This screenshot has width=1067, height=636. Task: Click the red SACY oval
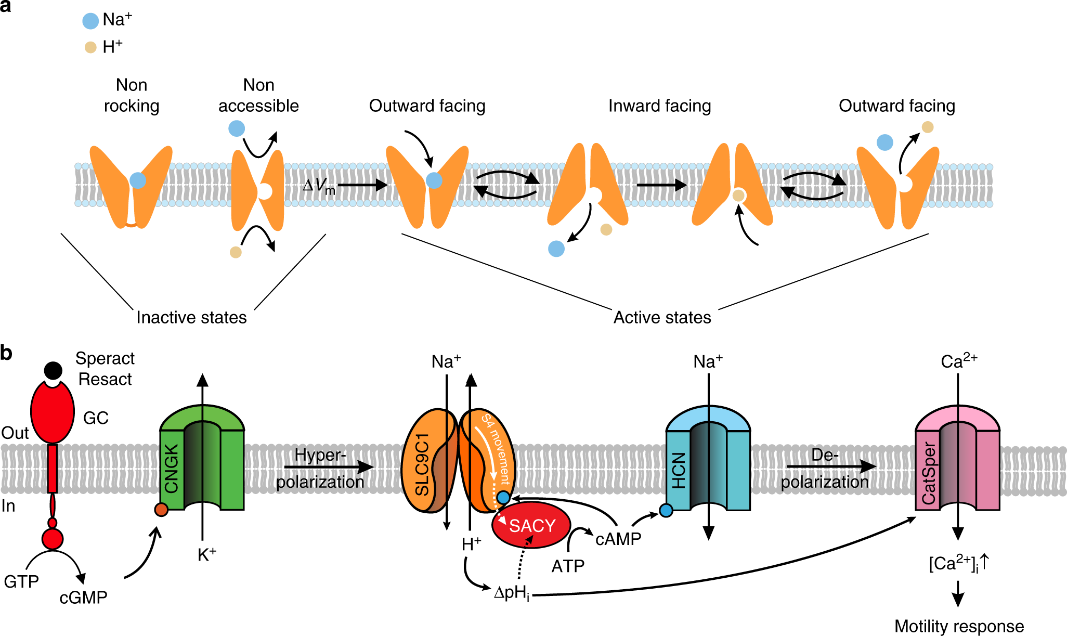(x=531, y=525)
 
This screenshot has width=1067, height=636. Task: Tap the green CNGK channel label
(x=171, y=469)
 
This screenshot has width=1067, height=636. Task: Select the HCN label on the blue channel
(x=679, y=470)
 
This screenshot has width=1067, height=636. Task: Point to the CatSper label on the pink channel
(x=928, y=474)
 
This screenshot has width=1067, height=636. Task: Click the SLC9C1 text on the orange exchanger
(x=422, y=465)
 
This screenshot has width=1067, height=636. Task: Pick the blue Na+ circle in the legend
(x=90, y=21)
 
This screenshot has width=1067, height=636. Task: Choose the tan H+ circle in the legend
(x=90, y=47)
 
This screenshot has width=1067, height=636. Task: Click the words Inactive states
(x=191, y=317)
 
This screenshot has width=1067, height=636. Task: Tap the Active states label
(x=662, y=317)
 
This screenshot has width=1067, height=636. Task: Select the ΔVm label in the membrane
(x=319, y=186)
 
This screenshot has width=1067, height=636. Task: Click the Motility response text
(x=959, y=626)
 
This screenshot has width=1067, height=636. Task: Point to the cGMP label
(x=83, y=598)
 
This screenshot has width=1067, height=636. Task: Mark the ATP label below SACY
(x=568, y=566)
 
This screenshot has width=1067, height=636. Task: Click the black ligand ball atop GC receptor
(x=53, y=370)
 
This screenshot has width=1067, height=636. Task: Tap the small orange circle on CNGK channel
(x=161, y=510)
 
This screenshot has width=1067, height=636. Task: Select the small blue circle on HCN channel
(x=666, y=511)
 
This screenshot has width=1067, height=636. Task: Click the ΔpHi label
(x=512, y=593)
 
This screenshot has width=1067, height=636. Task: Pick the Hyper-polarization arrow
(x=329, y=467)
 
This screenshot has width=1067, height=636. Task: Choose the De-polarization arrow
(x=831, y=467)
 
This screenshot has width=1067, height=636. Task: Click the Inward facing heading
(x=659, y=106)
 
